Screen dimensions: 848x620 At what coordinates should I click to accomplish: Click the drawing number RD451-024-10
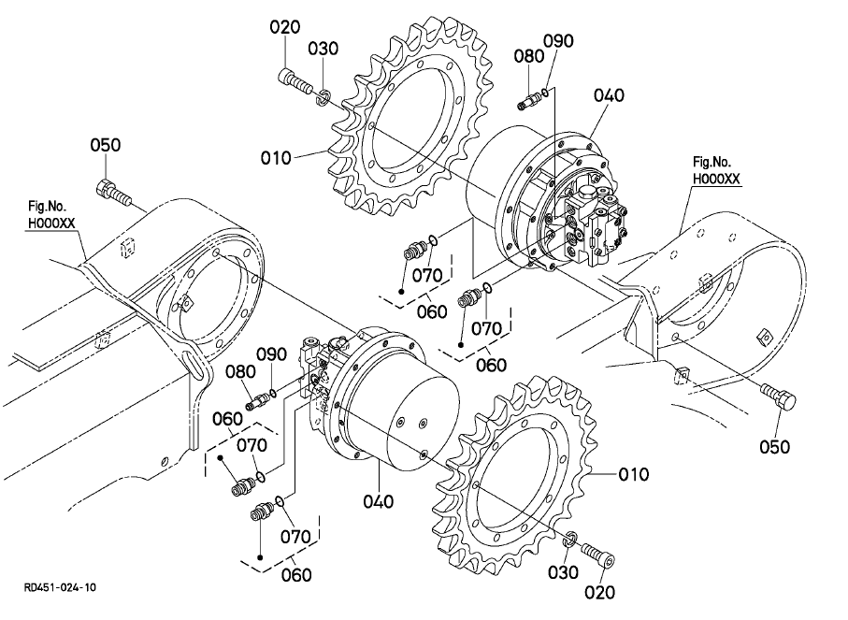pyautogui.click(x=60, y=587)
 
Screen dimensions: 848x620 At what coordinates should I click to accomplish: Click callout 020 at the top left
pyautogui.click(x=285, y=27)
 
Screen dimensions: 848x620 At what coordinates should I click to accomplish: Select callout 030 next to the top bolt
pyautogui.click(x=323, y=49)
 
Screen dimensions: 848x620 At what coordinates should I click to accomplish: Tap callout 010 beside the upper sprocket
pyautogui.click(x=276, y=158)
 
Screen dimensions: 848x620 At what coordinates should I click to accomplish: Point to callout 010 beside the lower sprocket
pyautogui.click(x=633, y=474)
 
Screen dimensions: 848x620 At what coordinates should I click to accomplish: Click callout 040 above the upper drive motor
pyautogui.click(x=609, y=95)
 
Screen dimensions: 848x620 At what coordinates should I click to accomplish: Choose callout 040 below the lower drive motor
pyautogui.click(x=378, y=501)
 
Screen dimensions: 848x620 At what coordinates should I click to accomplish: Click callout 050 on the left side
pyautogui.click(x=106, y=145)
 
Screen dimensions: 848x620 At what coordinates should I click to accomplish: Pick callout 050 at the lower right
pyautogui.click(x=774, y=447)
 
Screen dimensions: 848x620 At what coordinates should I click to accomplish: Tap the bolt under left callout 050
pyautogui.click(x=113, y=194)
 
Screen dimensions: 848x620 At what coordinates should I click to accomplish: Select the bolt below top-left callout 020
pyautogui.click(x=295, y=81)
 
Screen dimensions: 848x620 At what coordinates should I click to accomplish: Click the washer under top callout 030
pyautogui.click(x=323, y=97)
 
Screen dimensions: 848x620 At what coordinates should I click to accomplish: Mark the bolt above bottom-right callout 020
pyautogui.click(x=598, y=555)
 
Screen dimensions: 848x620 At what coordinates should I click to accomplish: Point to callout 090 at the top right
pyautogui.click(x=559, y=41)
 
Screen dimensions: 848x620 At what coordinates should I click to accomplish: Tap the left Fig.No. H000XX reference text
pyautogui.click(x=51, y=215)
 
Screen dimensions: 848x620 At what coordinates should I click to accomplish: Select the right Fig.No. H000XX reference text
pyautogui.click(x=716, y=170)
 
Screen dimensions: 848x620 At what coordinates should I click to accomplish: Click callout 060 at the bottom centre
pyautogui.click(x=296, y=574)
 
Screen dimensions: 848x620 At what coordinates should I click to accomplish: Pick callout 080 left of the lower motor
pyautogui.click(x=240, y=371)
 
